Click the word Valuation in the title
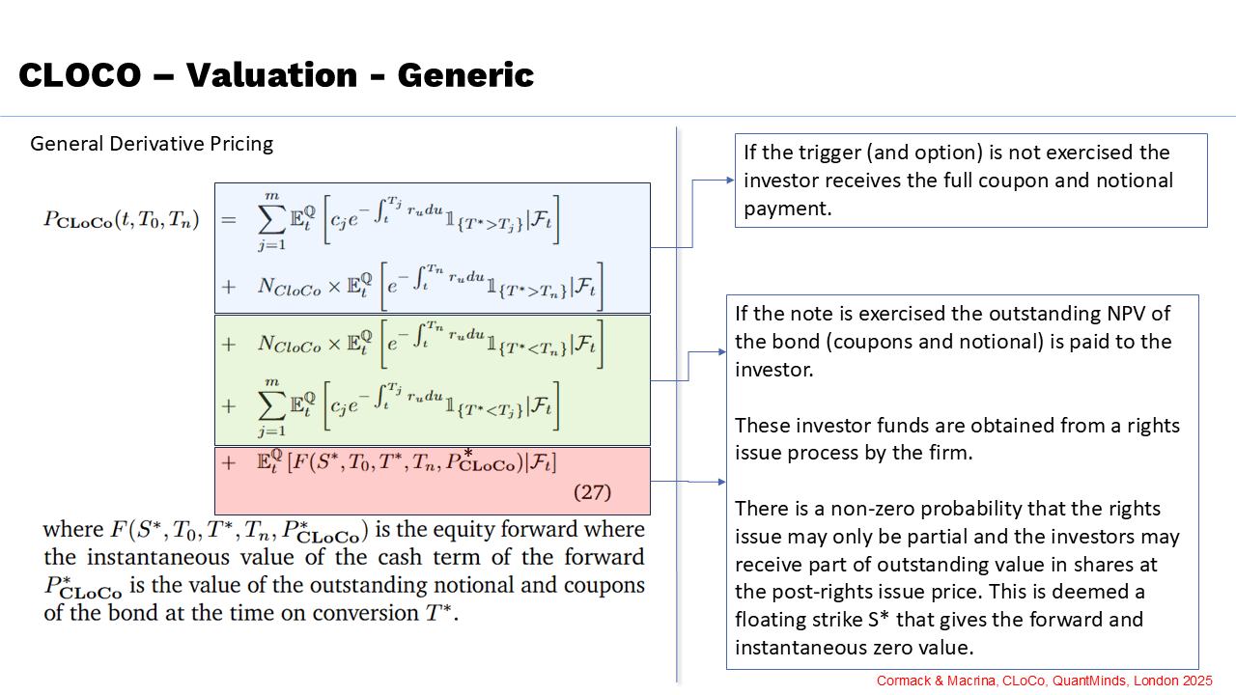[x=271, y=75]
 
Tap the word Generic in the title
[x=465, y=75]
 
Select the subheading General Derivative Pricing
[x=152, y=144]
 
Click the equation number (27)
[x=592, y=491]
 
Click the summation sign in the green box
[x=272, y=405]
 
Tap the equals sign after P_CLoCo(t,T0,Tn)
[x=229, y=221]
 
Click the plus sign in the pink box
[x=229, y=462]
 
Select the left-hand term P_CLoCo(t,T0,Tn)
[x=121, y=220]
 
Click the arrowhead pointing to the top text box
[x=730, y=180]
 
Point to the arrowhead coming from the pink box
[x=721, y=482]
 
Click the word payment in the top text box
[x=787, y=209]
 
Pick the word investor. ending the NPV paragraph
[x=774, y=370]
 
